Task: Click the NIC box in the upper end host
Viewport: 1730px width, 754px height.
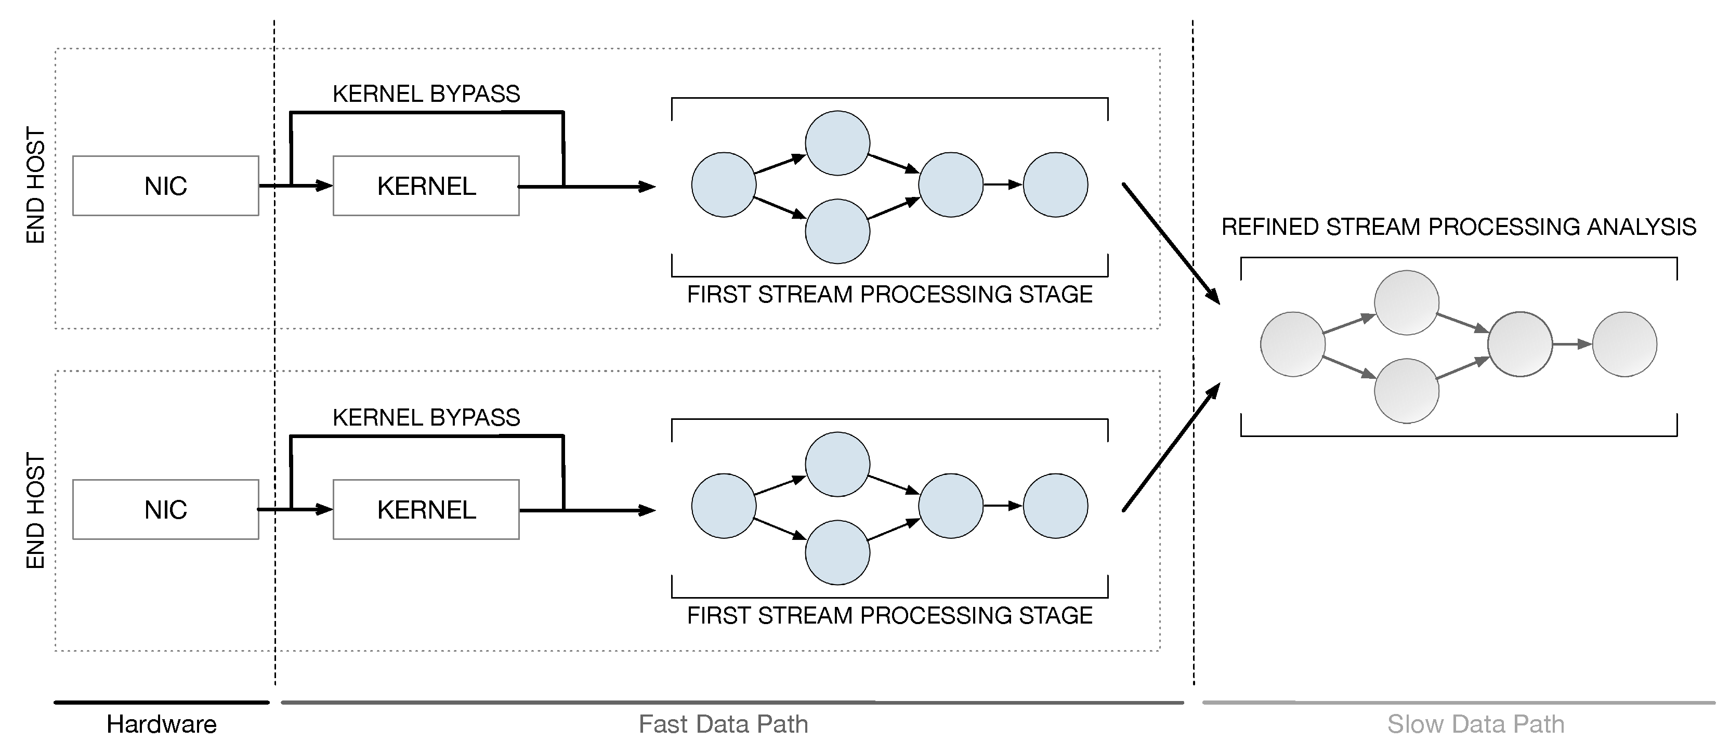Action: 165,186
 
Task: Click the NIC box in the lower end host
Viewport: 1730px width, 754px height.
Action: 165,510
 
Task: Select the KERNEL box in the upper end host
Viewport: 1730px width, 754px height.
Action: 426,186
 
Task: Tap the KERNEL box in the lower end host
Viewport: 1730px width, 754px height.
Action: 426,510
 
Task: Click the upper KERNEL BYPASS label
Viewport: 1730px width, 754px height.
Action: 426,94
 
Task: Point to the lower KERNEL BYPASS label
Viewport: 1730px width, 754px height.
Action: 426,418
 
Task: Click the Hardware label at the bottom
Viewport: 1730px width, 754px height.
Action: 161,724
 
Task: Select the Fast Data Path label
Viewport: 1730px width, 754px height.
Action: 723,724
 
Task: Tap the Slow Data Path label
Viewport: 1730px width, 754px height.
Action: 1475,724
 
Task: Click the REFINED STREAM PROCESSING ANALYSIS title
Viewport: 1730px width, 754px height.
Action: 1458,227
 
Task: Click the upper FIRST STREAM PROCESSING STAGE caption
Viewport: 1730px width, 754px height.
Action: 889,295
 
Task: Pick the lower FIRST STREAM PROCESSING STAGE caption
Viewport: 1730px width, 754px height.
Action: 889,616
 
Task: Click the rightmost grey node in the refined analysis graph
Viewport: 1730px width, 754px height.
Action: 1624,344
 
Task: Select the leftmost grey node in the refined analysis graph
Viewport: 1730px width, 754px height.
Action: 1292,344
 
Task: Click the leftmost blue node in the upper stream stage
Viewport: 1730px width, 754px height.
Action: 723,184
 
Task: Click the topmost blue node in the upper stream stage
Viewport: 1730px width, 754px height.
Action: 837,143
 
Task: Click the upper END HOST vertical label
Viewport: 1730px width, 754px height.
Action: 35,186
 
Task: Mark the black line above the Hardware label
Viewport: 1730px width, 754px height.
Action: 161,703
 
